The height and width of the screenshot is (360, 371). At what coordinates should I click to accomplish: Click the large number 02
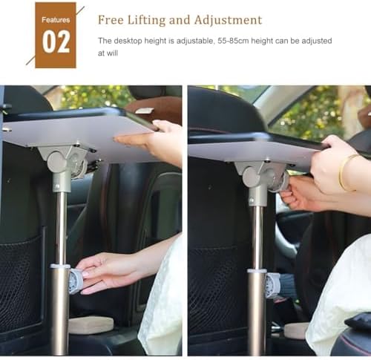coord(56,42)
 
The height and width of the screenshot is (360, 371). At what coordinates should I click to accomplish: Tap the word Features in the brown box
coord(56,20)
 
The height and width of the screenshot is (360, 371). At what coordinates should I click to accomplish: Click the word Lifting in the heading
coord(146,20)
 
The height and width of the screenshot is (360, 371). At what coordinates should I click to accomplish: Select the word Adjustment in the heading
coord(228,20)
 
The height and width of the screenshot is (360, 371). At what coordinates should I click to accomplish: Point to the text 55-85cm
coord(233,41)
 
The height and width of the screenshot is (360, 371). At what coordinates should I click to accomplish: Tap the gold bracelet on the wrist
coord(347,173)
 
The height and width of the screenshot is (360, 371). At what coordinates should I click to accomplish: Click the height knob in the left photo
coord(75,282)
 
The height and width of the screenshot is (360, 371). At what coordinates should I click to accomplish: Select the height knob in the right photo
coord(273,285)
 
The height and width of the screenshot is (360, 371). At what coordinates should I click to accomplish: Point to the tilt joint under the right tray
coord(262,177)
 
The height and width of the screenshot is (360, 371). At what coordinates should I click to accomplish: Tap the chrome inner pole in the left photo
coord(61,228)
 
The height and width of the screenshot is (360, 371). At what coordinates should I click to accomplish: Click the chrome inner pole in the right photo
coord(257,238)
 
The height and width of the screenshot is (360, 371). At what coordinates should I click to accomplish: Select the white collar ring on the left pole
coord(60,266)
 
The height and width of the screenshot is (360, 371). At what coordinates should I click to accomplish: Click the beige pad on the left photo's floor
coord(91,325)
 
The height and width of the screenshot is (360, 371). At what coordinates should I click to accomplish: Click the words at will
coord(108,53)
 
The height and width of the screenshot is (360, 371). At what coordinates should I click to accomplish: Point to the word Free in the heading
coord(111,20)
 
